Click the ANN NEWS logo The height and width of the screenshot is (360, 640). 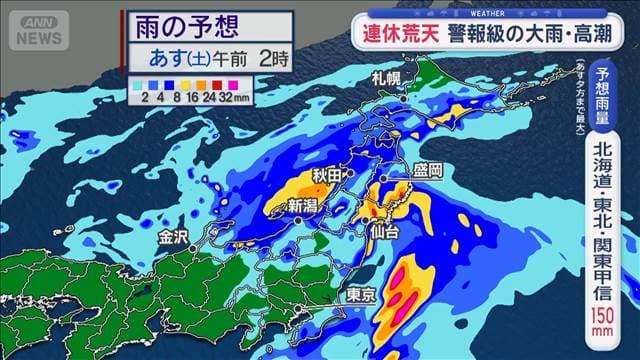(37, 30)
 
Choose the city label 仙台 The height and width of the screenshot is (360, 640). (385, 232)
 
